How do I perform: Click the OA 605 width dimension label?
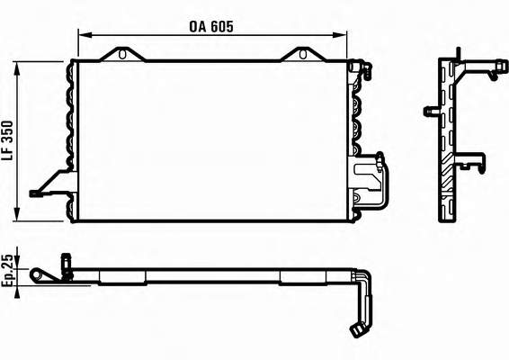(x=211, y=27)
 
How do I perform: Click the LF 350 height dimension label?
(x=7, y=141)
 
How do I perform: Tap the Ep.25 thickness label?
(x=7, y=270)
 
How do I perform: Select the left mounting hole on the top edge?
(x=122, y=54)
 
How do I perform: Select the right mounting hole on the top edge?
(x=302, y=54)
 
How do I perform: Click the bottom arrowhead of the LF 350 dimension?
(x=17, y=214)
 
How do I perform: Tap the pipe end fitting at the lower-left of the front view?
(x=35, y=193)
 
